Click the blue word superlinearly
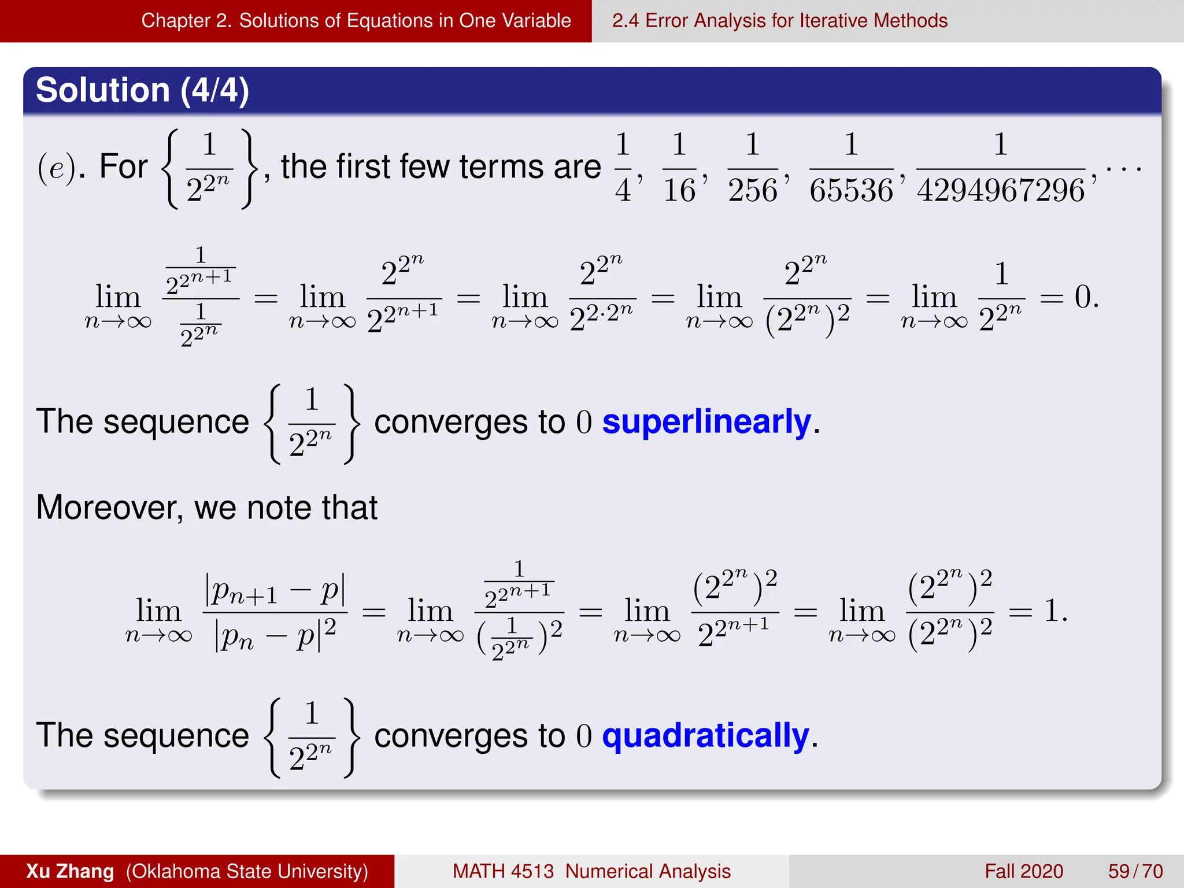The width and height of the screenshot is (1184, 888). [x=706, y=422]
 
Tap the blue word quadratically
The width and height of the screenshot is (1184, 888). [x=705, y=736]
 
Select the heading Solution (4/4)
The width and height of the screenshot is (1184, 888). [x=142, y=90]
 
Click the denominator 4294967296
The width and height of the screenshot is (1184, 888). [x=1001, y=191]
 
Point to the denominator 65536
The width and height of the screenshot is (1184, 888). [x=851, y=191]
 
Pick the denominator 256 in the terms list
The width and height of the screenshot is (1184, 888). [x=752, y=191]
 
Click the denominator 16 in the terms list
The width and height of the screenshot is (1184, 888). [x=679, y=191]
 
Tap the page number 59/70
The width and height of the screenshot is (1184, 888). [x=1135, y=871]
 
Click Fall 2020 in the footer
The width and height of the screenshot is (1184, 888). [x=1024, y=871]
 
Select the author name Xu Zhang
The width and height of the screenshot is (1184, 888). [x=70, y=871]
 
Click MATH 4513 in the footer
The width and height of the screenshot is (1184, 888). [x=503, y=871]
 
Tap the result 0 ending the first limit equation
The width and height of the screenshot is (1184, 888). [x=1083, y=298]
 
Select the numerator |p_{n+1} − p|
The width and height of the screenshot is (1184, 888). [x=275, y=591]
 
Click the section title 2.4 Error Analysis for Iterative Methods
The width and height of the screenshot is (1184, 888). [x=779, y=21]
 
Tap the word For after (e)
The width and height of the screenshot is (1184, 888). [x=123, y=168]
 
